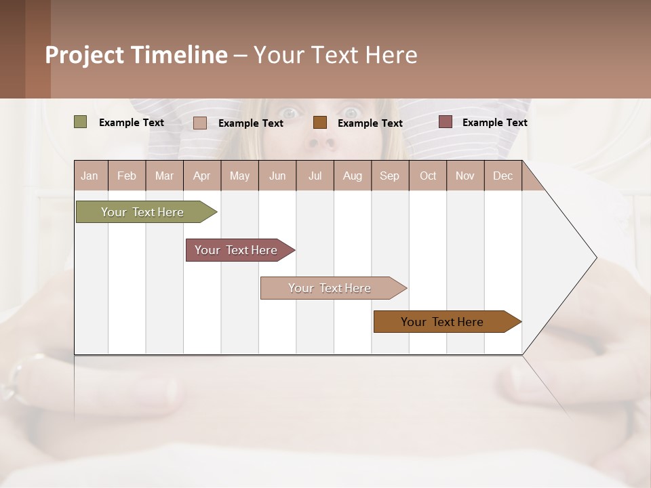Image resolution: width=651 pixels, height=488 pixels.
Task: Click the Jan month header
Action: pyautogui.click(x=90, y=176)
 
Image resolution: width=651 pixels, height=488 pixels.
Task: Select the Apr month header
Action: pyautogui.click(x=201, y=176)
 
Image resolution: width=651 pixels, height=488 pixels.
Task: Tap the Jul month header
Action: pyautogui.click(x=315, y=176)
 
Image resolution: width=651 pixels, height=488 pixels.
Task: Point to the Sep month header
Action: pyautogui.click(x=389, y=176)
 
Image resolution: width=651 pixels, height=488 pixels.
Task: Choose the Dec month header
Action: pyautogui.click(x=502, y=176)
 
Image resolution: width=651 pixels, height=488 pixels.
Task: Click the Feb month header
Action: pyautogui.click(x=127, y=176)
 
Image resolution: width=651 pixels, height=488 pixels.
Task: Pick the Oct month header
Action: pyautogui.click(x=428, y=176)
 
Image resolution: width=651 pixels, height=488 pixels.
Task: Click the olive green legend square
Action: pyautogui.click(x=81, y=122)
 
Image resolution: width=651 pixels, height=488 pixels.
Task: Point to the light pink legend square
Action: pyautogui.click(x=200, y=123)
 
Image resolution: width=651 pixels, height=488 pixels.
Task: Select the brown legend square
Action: pyautogui.click(x=320, y=123)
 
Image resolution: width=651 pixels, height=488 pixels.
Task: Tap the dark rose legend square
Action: pyautogui.click(x=446, y=122)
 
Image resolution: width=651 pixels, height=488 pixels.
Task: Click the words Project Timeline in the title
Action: pyautogui.click(x=136, y=55)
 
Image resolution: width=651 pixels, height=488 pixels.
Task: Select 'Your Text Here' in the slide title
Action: pyautogui.click(x=335, y=55)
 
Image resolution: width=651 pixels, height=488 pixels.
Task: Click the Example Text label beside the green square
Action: pyautogui.click(x=132, y=123)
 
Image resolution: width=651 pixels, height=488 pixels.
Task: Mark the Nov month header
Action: pyautogui.click(x=465, y=176)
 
